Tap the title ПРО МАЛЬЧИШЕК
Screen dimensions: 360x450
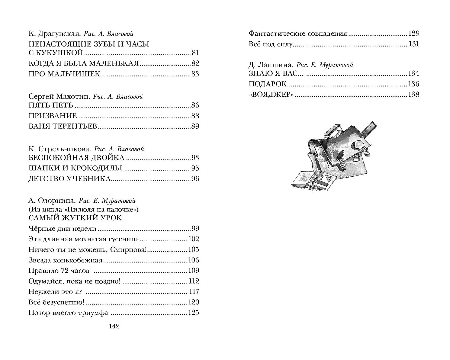tap(64, 74)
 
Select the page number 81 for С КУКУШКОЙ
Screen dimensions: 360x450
tap(195, 53)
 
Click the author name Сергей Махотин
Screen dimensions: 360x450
tap(59, 97)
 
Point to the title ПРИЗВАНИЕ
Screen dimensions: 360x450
tap(53, 116)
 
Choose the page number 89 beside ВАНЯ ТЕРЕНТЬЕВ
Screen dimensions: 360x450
tap(195, 126)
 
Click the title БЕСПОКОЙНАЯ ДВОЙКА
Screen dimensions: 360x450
tap(76, 158)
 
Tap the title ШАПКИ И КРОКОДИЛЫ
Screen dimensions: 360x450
tap(75, 168)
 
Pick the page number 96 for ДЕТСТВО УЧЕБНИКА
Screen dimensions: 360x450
tap(195, 179)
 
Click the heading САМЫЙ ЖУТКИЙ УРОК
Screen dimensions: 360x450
tap(75, 218)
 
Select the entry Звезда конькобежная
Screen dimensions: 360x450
tap(66, 260)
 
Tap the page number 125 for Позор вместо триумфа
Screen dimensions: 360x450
tap(193, 313)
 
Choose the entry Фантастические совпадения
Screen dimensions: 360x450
tap(298, 34)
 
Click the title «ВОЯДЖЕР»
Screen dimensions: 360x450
tap(271, 95)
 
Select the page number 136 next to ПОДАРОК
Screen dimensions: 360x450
tap(413, 84)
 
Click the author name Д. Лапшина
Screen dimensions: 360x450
tap(271, 65)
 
